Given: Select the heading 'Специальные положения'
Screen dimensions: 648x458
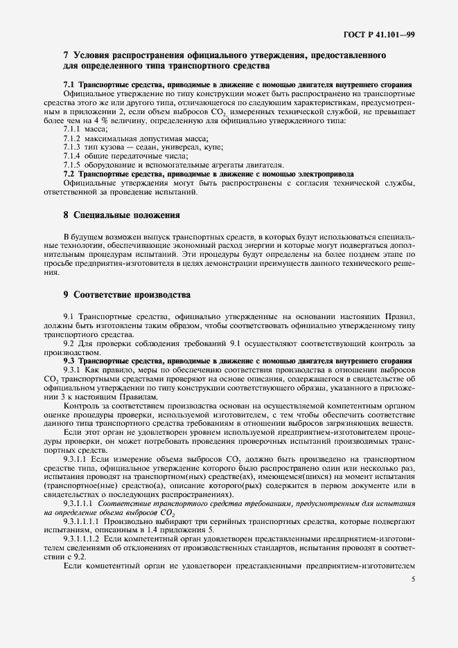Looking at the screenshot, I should pos(127,215).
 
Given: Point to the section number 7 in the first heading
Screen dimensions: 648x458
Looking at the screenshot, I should pos(65,55).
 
